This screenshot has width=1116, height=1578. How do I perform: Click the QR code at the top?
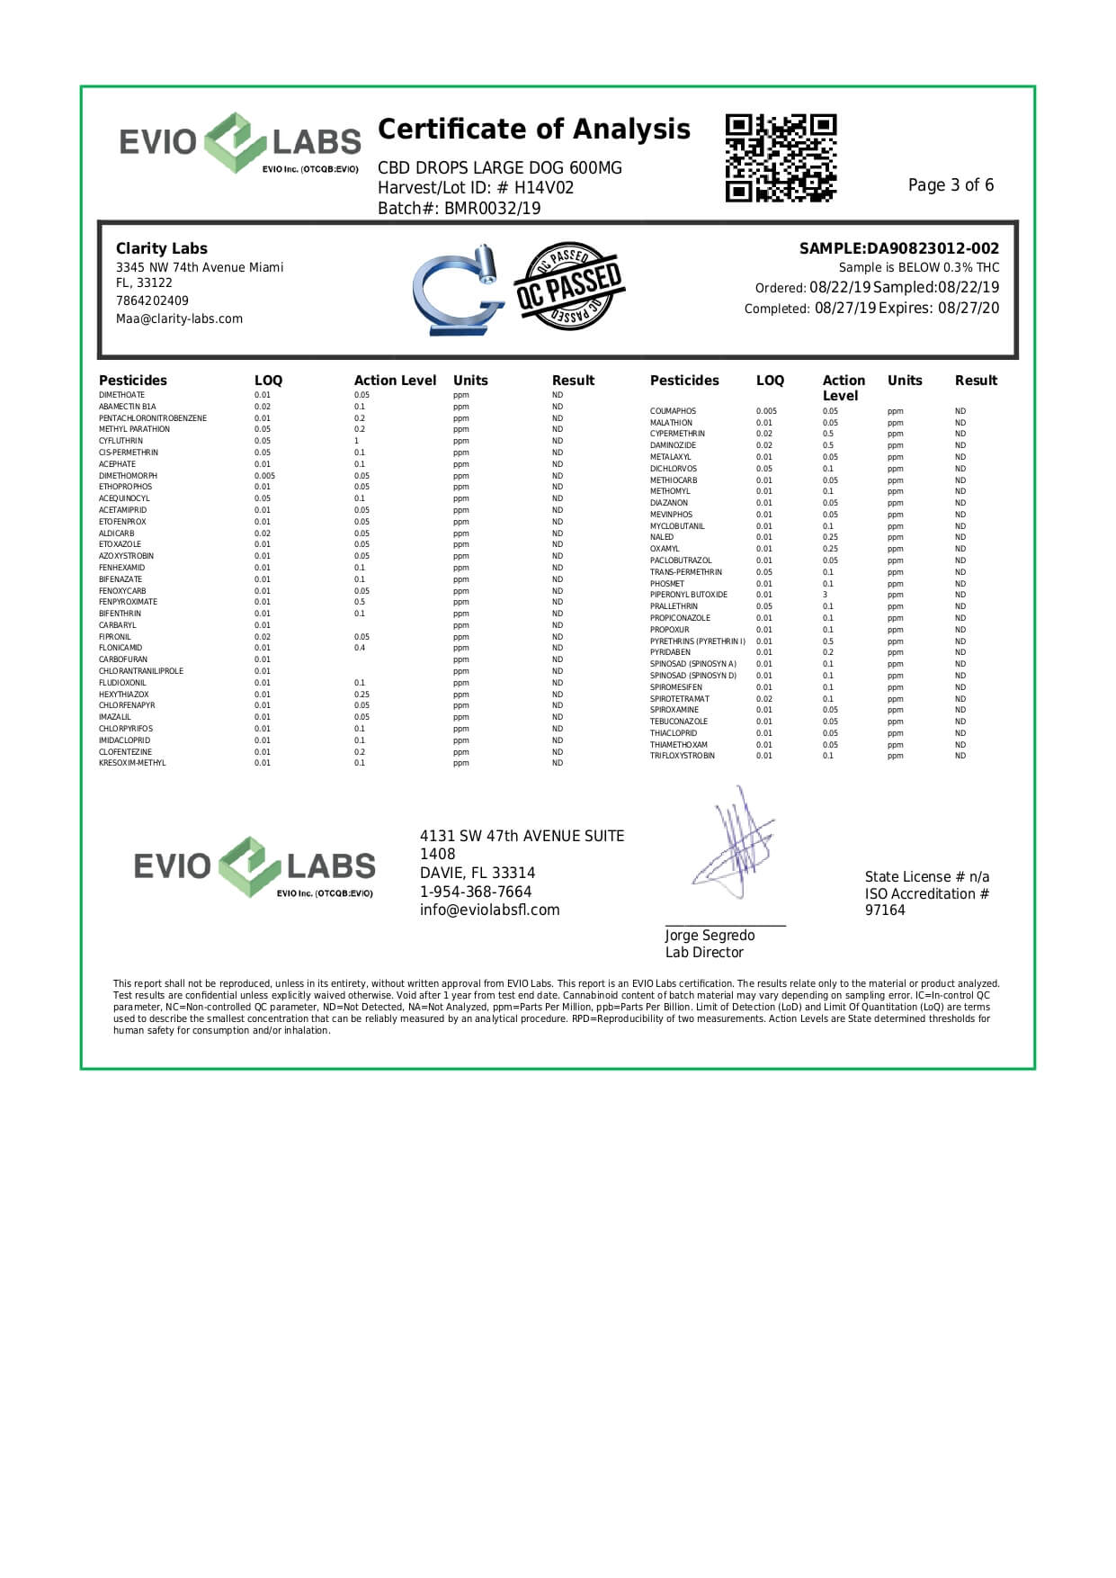point(781,157)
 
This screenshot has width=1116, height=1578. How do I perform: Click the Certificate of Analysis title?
point(533,130)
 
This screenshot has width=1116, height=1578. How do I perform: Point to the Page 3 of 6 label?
point(951,185)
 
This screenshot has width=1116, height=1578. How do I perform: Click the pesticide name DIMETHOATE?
point(121,395)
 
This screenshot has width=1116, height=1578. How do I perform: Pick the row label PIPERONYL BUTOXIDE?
point(688,595)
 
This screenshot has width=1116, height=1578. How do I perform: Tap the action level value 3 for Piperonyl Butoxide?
point(825,595)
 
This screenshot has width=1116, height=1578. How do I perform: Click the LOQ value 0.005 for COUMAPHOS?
point(766,411)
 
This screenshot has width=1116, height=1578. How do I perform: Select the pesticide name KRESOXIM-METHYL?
point(132,763)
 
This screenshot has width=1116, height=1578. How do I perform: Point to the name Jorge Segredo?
point(710,936)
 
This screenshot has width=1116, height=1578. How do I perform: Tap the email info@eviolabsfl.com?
point(489,910)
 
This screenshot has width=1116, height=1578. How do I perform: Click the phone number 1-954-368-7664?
point(475,892)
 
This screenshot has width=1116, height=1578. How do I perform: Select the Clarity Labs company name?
point(161,248)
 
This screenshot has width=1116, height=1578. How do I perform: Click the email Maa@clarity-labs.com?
point(179,319)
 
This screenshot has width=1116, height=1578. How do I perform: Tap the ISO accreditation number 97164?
point(885,910)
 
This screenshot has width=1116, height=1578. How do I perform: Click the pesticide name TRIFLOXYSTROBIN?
point(682,756)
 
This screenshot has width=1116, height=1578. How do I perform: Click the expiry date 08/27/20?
point(969,309)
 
